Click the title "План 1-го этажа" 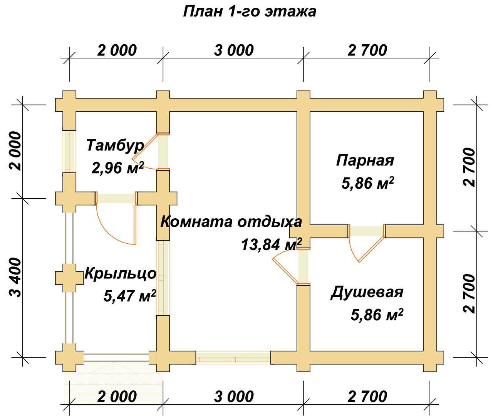point(250,12)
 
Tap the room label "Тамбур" point(115,146)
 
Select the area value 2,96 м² point(117,167)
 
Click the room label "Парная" point(365,161)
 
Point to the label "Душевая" point(367,293)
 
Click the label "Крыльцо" point(121,274)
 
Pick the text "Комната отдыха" point(231,222)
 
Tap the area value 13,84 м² point(272,245)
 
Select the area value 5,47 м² point(130,296)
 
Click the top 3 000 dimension point(234,50)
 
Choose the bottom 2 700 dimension point(367,397)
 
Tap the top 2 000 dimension point(117,50)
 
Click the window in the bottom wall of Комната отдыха point(233,358)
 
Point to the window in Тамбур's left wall point(69,151)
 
